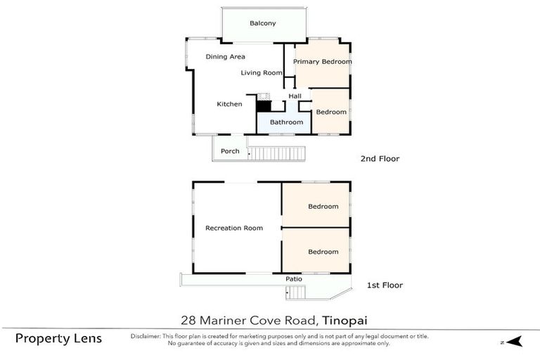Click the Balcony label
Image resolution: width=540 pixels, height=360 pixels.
(263, 23)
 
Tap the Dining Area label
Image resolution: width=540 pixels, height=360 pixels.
(225, 57)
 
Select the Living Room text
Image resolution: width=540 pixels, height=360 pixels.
(261, 72)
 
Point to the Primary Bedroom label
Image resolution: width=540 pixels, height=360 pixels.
(322, 62)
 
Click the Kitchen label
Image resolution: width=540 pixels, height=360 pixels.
(229, 104)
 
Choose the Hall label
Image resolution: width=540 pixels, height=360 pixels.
(295, 96)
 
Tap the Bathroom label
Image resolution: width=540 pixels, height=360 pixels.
(286, 122)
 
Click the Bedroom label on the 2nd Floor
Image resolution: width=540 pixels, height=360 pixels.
(330, 112)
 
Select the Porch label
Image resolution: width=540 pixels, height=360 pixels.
(230, 151)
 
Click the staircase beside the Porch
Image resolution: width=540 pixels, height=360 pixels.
(278, 153)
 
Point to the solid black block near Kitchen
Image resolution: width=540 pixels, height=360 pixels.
(263, 106)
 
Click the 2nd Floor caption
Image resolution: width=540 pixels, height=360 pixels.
(380, 159)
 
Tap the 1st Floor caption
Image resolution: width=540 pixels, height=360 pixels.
(385, 285)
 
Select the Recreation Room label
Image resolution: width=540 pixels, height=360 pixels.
(234, 228)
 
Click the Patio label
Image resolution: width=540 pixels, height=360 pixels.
(294, 279)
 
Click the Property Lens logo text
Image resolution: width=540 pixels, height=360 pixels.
(58, 339)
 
